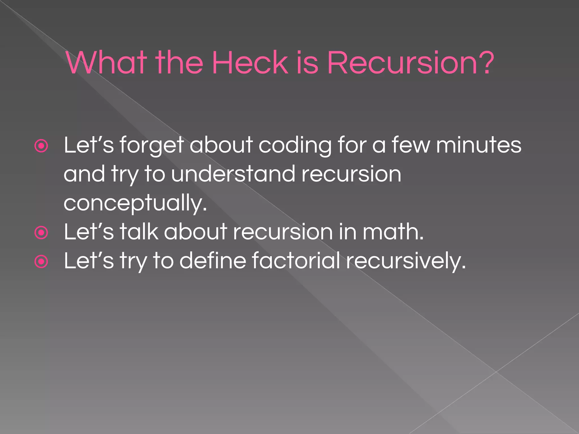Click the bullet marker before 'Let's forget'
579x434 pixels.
pyautogui.click(x=41, y=146)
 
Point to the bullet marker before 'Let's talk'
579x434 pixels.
pyautogui.click(x=41, y=233)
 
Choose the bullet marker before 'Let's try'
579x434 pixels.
pyautogui.click(x=41, y=262)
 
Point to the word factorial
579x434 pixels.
pyautogui.click(x=296, y=261)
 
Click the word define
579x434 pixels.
pyautogui.click(x=213, y=261)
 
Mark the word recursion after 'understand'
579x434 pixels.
pyautogui.click(x=351, y=174)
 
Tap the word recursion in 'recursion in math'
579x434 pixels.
pyautogui.click(x=283, y=232)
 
